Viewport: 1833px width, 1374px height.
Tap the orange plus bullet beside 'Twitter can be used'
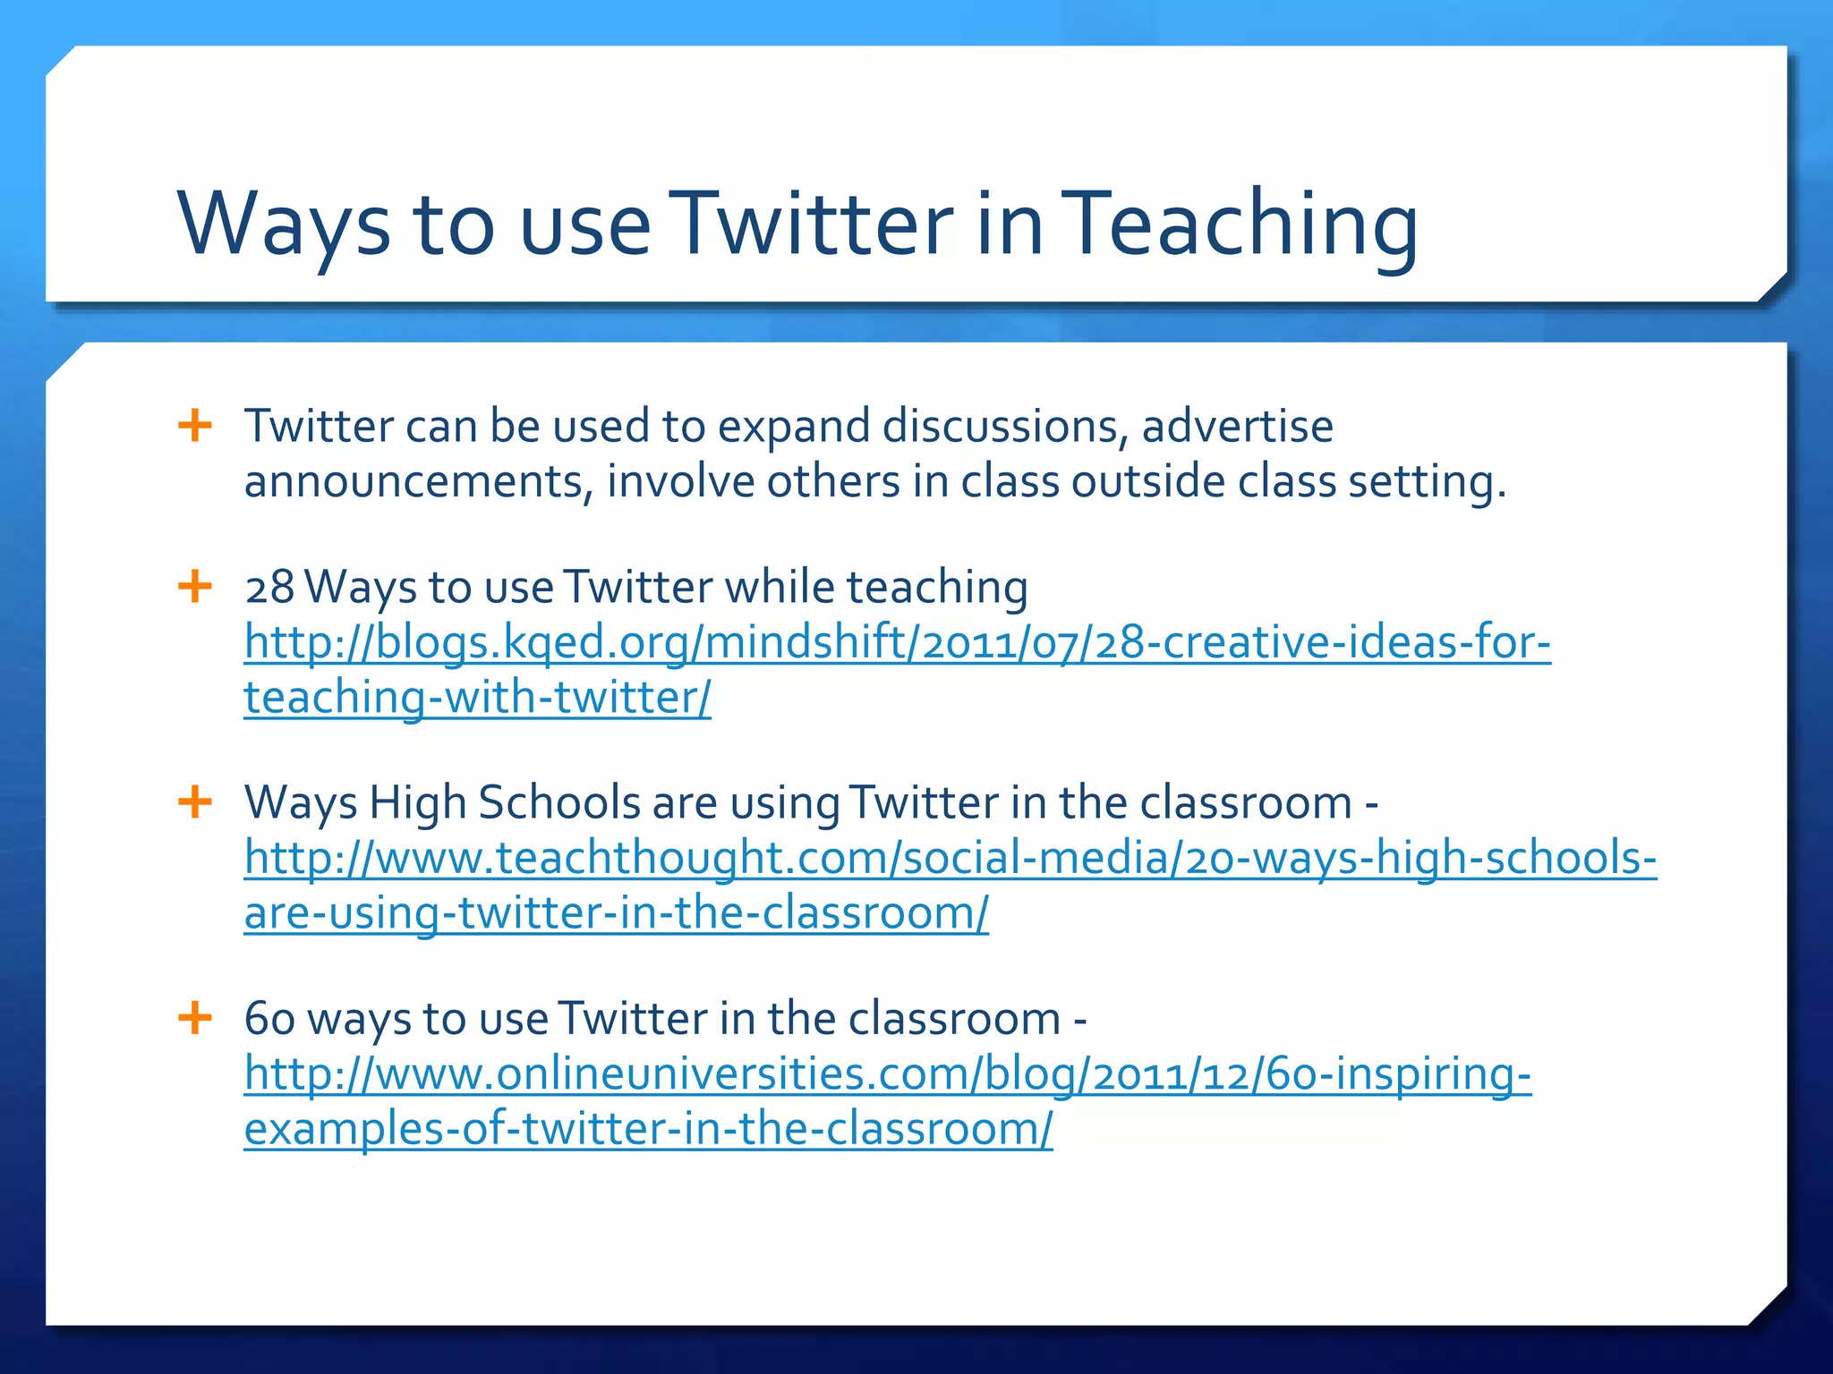click(x=195, y=425)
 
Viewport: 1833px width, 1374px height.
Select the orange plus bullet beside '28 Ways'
click(x=195, y=587)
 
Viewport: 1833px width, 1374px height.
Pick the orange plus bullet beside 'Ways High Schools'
click(x=195, y=801)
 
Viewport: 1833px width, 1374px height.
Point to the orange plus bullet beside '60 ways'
click(x=195, y=1017)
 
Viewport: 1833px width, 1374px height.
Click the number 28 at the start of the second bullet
click(x=269, y=588)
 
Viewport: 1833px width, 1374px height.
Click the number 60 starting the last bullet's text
click(x=269, y=1019)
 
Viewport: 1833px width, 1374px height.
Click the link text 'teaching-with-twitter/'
click(x=477, y=698)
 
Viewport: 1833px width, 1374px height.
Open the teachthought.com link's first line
click(x=950, y=858)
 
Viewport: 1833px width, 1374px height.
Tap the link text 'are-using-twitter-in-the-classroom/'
click(x=616, y=913)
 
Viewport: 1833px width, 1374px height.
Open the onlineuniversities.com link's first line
click(x=887, y=1073)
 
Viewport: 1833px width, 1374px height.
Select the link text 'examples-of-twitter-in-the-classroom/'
click(x=648, y=1129)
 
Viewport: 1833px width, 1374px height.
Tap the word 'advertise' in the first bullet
click(x=1237, y=426)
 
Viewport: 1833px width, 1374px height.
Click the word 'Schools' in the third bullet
click(x=559, y=802)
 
